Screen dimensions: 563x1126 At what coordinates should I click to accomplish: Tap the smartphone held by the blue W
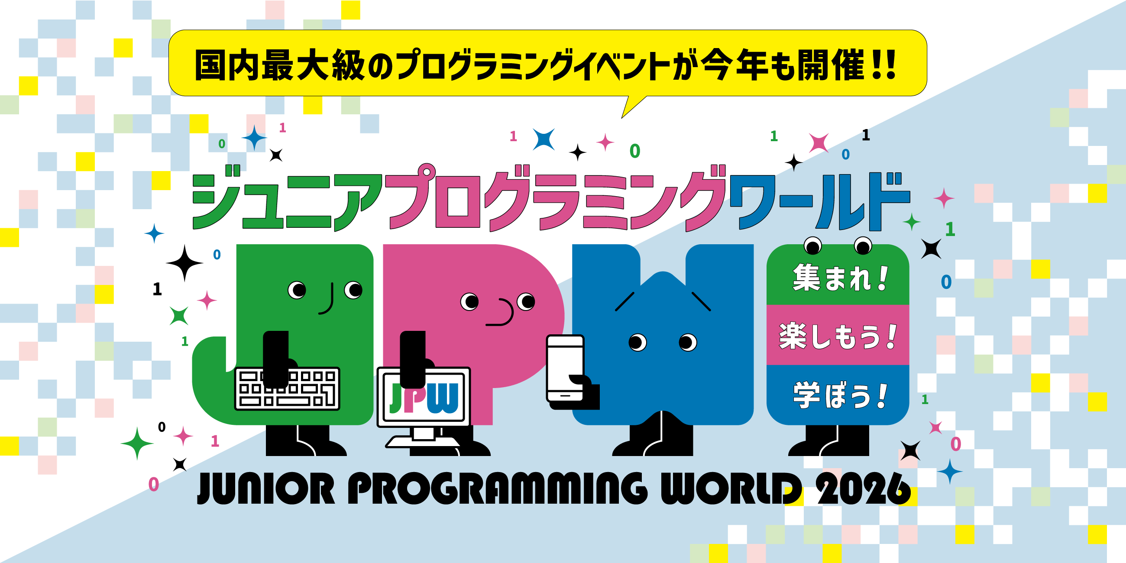pyautogui.click(x=565, y=368)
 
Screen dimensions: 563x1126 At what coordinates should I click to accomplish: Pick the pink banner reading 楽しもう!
pyautogui.click(x=838, y=336)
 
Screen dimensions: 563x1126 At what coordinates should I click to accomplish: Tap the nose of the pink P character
pyautogui.click(x=503, y=313)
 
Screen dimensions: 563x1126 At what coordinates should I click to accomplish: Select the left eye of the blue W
pyautogui.click(x=637, y=342)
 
